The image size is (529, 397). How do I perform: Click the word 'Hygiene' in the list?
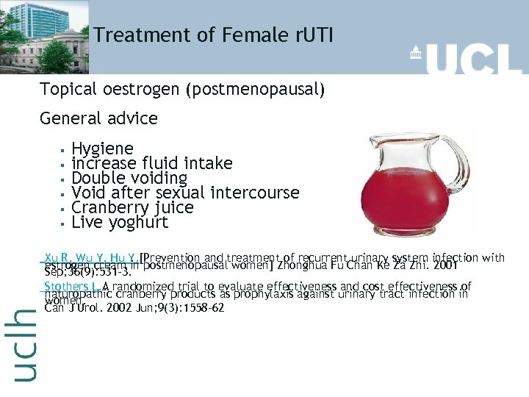coord(102,149)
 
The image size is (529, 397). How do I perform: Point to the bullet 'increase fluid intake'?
coord(151,163)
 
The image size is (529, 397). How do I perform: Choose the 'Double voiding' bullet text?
coord(129,178)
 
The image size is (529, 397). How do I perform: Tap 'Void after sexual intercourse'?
coord(185,193)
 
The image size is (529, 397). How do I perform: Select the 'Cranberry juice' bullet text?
coord(132,207)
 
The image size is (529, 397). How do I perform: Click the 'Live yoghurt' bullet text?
coord(120,222)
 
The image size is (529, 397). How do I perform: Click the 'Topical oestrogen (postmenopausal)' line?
coord(182,90)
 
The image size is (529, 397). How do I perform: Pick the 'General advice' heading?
coord(98,118)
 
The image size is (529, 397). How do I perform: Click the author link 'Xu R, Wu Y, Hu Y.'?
coord(91,257)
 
